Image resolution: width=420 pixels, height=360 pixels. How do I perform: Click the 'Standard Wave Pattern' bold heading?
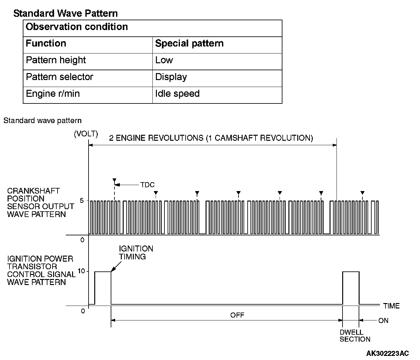65,13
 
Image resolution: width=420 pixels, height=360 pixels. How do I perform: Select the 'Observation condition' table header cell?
77,27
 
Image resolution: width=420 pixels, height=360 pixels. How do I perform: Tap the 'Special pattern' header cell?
189,43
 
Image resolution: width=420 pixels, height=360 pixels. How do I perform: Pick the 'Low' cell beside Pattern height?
164,60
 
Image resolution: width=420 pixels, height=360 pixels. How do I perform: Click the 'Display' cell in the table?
171,77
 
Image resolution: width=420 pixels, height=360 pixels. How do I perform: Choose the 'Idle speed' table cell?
177,94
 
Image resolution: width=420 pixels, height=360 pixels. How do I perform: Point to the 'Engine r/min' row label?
53,94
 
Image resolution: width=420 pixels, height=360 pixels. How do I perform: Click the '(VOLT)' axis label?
86,134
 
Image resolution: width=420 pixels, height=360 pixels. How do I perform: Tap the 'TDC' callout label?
148,185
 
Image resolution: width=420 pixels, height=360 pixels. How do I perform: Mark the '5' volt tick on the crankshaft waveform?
82,201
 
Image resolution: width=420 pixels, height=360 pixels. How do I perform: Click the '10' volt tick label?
81,271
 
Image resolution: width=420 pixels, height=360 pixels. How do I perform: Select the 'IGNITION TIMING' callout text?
136,252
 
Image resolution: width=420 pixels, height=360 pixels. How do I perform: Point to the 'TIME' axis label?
392,306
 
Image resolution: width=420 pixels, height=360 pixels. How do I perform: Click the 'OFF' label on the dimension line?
237,315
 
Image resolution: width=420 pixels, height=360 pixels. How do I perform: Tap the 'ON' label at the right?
383,321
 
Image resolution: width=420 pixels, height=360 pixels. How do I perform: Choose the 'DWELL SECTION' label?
355,336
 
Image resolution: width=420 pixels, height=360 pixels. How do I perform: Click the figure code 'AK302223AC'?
387,353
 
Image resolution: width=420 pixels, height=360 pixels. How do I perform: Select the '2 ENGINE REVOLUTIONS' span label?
211,138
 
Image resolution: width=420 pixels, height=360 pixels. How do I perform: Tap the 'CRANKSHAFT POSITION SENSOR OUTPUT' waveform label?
40,202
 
